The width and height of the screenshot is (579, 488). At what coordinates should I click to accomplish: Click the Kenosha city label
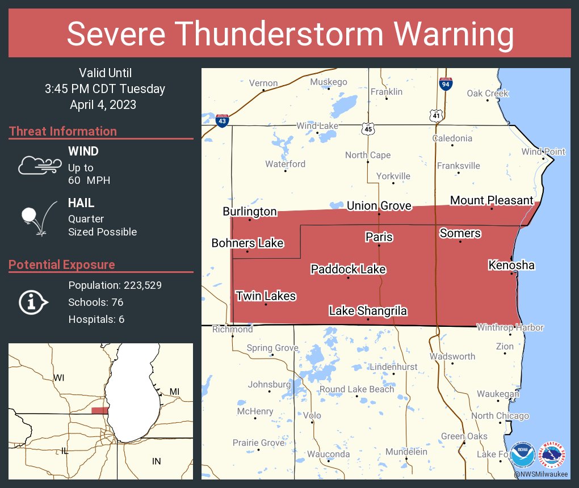pyautogui.click(x=511, y=265)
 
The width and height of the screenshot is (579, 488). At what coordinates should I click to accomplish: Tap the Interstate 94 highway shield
pyautogui.click(x=446, y=84)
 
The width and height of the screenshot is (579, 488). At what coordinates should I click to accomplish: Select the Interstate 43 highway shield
pyautogui.click(x=223, y=120)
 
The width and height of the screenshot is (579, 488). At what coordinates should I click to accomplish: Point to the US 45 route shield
pyautogui.click(x=368, y=129)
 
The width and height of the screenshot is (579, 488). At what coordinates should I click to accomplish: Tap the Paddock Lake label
pyautogui.click(x=348, y=269)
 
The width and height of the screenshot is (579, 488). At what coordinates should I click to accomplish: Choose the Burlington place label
pyautogui.click(x=250, y=212)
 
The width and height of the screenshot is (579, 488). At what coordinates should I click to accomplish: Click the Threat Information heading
pyautogui.click(x=62, y=131)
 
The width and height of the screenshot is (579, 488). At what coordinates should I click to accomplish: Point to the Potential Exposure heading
pyautogui.click(x=62, y=264)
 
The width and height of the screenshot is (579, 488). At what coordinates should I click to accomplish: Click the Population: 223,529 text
pyautogui.click(x=115, y=285)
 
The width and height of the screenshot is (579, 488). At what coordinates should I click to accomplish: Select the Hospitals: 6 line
pyautogui.click(x=96, y=319)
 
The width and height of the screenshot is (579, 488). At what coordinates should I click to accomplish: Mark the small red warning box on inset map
pyautogui.click(x=100, y=410)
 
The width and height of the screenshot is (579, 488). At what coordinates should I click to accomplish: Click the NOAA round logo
pyautogui.click(x=522, y=455)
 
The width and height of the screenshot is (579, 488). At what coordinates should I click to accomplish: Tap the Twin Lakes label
pyautogui.click(x=266, y=296)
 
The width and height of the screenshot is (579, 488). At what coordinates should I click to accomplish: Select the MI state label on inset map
pyautogui.click(x=174, y=392)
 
